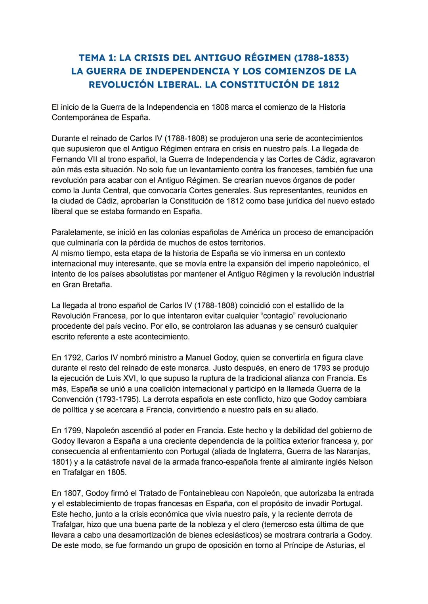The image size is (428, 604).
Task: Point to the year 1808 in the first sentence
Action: tap(220, 107)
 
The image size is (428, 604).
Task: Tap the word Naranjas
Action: tap(354, 451)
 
